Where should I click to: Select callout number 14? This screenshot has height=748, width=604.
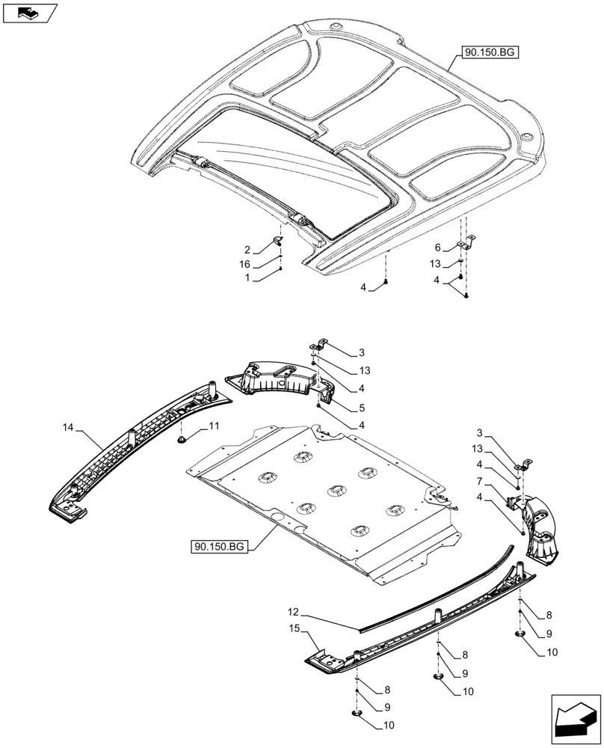(x=69, y=428)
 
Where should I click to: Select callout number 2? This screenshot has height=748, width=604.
(x=247, y=250)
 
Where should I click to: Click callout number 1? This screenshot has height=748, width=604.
(x=247, y=278)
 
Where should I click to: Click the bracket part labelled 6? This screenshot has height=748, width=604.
(x=466, y=243)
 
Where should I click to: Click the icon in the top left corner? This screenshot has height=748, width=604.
(x=29, y=12)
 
